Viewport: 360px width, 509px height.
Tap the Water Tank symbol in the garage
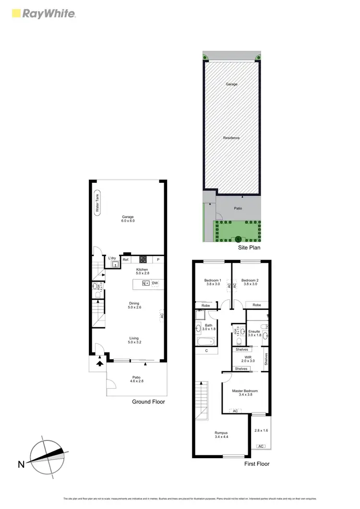click(97, 203)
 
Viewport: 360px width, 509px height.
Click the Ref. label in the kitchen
click(126, 260)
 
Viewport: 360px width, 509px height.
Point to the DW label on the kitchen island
click(155, 283)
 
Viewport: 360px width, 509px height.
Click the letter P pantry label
click(158, 260)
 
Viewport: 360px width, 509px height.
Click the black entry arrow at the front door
click(100, 363)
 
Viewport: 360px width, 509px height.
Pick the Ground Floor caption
click(148, 402)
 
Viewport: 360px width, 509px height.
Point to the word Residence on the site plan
click(231, 138)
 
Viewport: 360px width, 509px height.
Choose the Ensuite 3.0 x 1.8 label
click(254, 333)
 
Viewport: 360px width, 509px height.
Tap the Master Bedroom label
click(245, 393)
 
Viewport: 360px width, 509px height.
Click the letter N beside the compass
click(21, 464)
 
